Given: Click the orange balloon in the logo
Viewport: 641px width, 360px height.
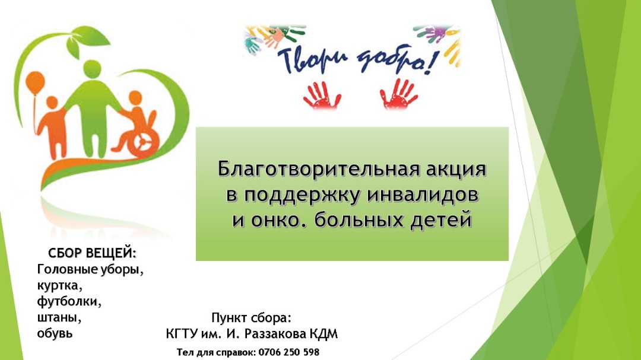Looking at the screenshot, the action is pos(35,82).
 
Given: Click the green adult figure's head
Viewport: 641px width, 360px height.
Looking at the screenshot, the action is pos(93,69).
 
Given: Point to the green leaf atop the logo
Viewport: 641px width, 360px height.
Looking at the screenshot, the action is pos(91,40).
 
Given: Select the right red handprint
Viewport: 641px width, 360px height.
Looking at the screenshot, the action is pos(399,94).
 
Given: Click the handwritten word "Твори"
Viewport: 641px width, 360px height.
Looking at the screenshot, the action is pos(312,60).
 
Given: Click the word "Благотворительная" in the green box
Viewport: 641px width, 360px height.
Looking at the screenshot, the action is pos(319,168).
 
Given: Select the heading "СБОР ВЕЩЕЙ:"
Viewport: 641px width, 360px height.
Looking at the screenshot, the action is pos(92,253).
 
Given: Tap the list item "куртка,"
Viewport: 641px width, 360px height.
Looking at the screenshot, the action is pos(60,286).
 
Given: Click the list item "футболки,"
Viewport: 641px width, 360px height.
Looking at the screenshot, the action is pos(69,301).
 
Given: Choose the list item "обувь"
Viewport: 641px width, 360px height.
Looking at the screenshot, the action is pos(55,333).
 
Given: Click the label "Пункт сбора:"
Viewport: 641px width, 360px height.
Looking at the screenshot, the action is pos(252,317).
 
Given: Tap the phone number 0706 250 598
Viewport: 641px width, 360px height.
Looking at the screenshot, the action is pos(288,352).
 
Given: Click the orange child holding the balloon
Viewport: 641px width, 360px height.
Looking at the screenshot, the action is pos(52,127).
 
